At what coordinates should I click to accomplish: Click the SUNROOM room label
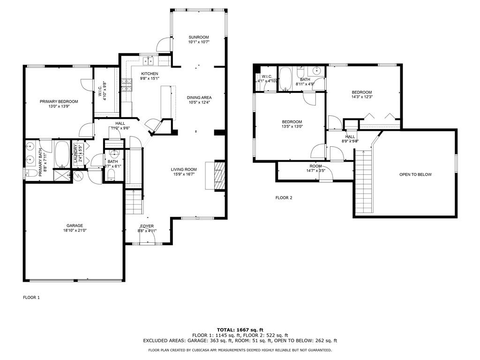(199, 37)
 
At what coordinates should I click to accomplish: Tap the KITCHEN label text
(150, 74)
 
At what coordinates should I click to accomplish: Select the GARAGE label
(75, 225)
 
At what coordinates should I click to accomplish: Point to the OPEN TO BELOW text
(415, 174)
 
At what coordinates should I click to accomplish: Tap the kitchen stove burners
(127, 85)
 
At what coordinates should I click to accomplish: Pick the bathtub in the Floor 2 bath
(285, 79)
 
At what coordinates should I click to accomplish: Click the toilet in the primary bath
(30, 173)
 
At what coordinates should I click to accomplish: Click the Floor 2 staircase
(364, 181)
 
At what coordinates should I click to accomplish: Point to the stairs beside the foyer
(134, 202)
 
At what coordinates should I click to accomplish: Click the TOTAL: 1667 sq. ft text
(240, 330)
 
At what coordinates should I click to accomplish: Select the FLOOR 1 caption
(31, 297)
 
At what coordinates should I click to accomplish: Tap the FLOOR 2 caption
(284, 198)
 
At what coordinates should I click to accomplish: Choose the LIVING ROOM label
(184, 169)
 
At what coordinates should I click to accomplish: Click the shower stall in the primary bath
(62, 175)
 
